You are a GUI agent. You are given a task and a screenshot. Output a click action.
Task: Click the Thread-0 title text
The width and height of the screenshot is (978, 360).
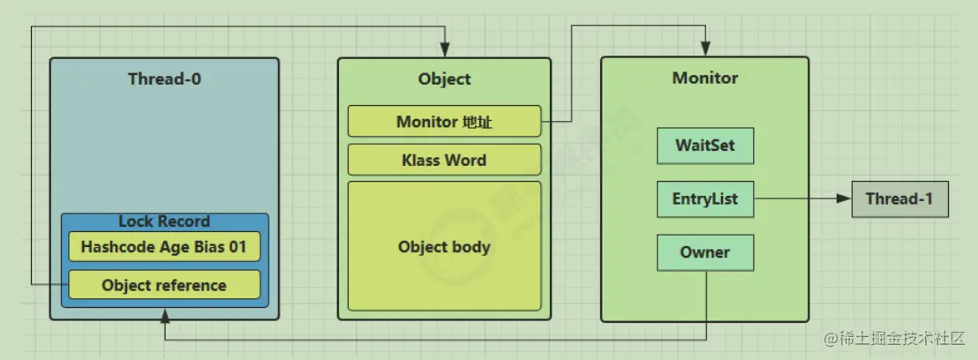tap(164, 79)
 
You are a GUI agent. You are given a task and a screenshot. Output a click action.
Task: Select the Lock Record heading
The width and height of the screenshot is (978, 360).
tap(164, 221)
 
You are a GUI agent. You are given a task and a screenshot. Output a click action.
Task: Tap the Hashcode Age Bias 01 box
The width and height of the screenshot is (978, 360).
tap(164, 247)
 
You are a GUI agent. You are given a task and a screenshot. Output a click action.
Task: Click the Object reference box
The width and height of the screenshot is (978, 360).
tap(164, 285)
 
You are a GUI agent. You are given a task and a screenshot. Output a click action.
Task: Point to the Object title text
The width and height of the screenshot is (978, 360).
tap(444, 79)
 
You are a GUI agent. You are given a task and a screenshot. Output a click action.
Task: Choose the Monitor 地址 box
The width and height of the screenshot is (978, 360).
tap(444, 122)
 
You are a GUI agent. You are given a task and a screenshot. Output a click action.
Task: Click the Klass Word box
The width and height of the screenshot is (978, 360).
tap(444, 160)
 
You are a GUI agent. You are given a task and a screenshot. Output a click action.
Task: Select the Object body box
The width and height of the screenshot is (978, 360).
tap(444, 246)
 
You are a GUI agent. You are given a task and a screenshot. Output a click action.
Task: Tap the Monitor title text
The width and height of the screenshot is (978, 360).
tap(704, 78)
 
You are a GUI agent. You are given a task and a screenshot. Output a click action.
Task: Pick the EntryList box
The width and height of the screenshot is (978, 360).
tap(704, 199)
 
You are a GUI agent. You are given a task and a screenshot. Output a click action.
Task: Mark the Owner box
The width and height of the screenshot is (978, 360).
tap(704, 252)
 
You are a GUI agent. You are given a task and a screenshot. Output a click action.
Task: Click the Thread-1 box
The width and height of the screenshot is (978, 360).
tap(899, 199)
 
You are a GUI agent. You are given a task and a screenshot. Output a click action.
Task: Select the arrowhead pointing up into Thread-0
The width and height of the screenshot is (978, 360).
tap(164, 314)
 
